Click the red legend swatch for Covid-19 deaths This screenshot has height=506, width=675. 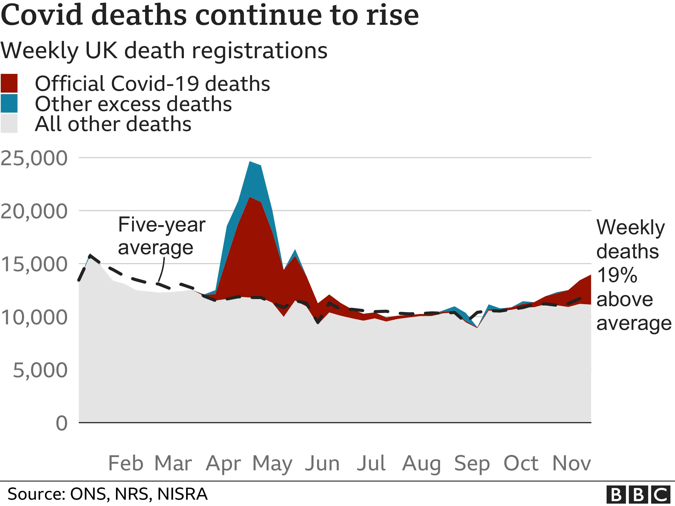pyautogui.click(x=9, y=83)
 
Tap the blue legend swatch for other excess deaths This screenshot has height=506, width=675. pyautogui.click(x=9, y=103)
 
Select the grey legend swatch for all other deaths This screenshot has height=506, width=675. pyautogui.click(x=9, y=123)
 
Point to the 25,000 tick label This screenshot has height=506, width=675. pyautogui.click(x=34, y=158)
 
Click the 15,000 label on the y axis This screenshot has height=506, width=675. pyautogui.click(x=34, y=264)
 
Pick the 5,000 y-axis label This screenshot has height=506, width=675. pyautogui.click(x=40, y=370)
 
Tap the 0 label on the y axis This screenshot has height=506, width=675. pyautogui.click(x=62, y=423)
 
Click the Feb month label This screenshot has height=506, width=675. pyautogui.click(x=126, y=463)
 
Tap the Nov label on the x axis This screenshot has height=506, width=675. pyautogui.click(x=571, y=463)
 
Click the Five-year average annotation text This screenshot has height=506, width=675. pyautogui.click(x=162, y=236)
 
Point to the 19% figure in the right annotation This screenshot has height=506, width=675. pyautogui.click(x=617, y=275)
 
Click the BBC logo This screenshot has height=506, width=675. pyautogui.click(x=640, y=494)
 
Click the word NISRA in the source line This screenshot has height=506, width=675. pyautogui.click(x=182, y=494)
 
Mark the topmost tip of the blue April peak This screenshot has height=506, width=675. pyautogui.click(x=250, y=161)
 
